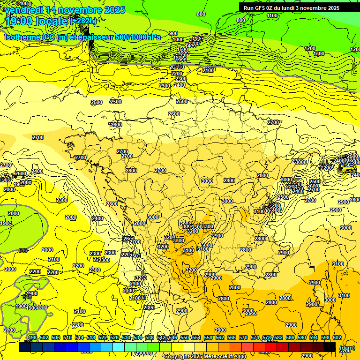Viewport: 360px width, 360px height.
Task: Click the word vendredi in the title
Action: coord(26,10)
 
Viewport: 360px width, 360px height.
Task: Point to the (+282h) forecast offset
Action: coord(83,21)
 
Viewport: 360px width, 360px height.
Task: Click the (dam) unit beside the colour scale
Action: coord(347,348)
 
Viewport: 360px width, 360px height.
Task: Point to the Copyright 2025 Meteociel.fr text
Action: coord(197,357)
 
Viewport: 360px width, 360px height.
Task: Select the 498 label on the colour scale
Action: coord(32,337)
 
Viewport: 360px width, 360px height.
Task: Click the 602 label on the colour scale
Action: coord(337,337)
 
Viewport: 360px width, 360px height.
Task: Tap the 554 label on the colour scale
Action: coord(196,337)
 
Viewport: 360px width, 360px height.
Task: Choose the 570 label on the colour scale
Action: coord(243,337)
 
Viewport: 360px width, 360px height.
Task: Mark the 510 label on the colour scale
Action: coord(67,337)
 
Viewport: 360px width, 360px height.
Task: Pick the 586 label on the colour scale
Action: coord(290,337)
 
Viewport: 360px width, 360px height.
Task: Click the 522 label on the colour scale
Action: coord(103,337)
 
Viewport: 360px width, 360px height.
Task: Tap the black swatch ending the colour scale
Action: coord(330,347)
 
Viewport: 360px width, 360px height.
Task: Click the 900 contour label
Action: coord(173,33)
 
